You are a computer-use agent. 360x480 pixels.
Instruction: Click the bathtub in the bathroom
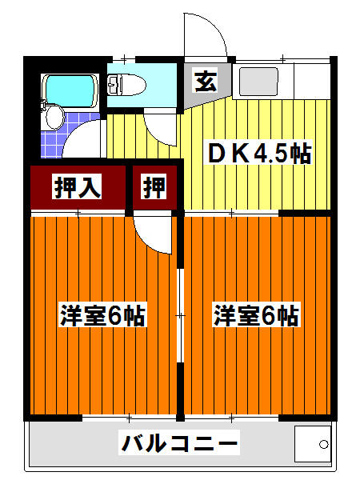click(x=71, y=90)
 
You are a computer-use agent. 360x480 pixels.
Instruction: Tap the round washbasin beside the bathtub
click(x=54, y=118)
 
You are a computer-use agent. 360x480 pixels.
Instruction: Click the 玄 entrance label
click(x=204, y=81)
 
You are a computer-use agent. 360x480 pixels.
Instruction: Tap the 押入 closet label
click(x=77, y=187)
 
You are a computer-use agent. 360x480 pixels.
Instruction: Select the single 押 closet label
click(x=154, y=187)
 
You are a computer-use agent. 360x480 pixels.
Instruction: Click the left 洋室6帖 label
click(x=102, y=315)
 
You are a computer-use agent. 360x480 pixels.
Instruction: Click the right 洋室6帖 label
click(x=255, y=315)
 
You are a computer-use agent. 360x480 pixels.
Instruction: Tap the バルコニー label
click(x=180, y=442)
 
